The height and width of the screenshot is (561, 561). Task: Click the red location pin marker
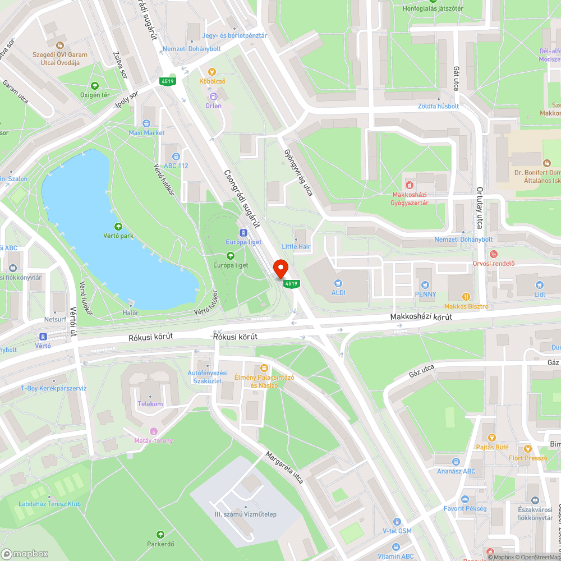[x=280, y=268]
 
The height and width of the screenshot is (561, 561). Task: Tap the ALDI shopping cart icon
[x=338, y=283]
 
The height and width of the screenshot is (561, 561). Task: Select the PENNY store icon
[x=425, y=285]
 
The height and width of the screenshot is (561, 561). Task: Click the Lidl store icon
[x=540, y=285]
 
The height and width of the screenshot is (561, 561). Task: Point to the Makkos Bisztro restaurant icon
[x=466, y=297]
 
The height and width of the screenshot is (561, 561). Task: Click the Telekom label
[x=150, y=404]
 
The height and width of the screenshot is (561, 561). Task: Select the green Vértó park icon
[x=118, y=227]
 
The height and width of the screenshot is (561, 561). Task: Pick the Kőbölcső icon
[x=212, y=72]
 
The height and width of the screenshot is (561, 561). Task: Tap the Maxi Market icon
[x=146, y=123]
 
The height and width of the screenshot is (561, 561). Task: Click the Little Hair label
[x=296, y=246]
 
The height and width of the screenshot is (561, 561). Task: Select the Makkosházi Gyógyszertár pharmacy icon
[x=410, y=185]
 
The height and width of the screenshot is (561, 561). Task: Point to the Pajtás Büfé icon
[x=491, y=438]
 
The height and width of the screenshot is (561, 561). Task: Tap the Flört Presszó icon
[x=527, y=448]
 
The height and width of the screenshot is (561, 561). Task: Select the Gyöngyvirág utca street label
[x=299, y=168]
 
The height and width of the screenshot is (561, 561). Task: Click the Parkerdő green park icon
[x=161, y=535]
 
